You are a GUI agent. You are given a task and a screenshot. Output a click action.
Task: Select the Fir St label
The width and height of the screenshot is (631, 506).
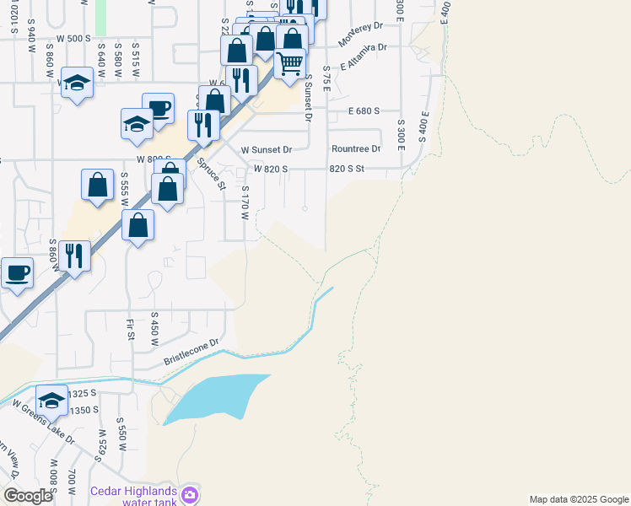tap(131, 329)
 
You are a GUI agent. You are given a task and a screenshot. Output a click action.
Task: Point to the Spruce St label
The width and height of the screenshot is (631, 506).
tap(211, 174)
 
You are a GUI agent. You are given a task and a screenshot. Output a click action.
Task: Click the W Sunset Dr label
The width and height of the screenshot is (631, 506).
tap(266, 149)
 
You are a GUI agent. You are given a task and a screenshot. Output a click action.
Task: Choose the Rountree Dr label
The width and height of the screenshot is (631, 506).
tap(356, 149)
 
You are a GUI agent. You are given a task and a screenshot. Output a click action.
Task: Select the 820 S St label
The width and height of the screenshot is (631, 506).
tap(346, 169)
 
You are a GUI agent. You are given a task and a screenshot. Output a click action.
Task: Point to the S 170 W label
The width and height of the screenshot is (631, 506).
tap(245, 203)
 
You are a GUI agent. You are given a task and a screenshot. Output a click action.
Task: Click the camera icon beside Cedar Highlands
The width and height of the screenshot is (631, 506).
tap(191, 493)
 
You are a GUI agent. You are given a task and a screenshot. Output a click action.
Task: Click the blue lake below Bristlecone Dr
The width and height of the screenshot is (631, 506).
tap(215, 396)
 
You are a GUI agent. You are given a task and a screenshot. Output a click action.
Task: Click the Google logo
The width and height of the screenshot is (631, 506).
tap(28, 497)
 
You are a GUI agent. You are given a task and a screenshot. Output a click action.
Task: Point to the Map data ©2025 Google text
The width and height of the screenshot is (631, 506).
tap(578, 499)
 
